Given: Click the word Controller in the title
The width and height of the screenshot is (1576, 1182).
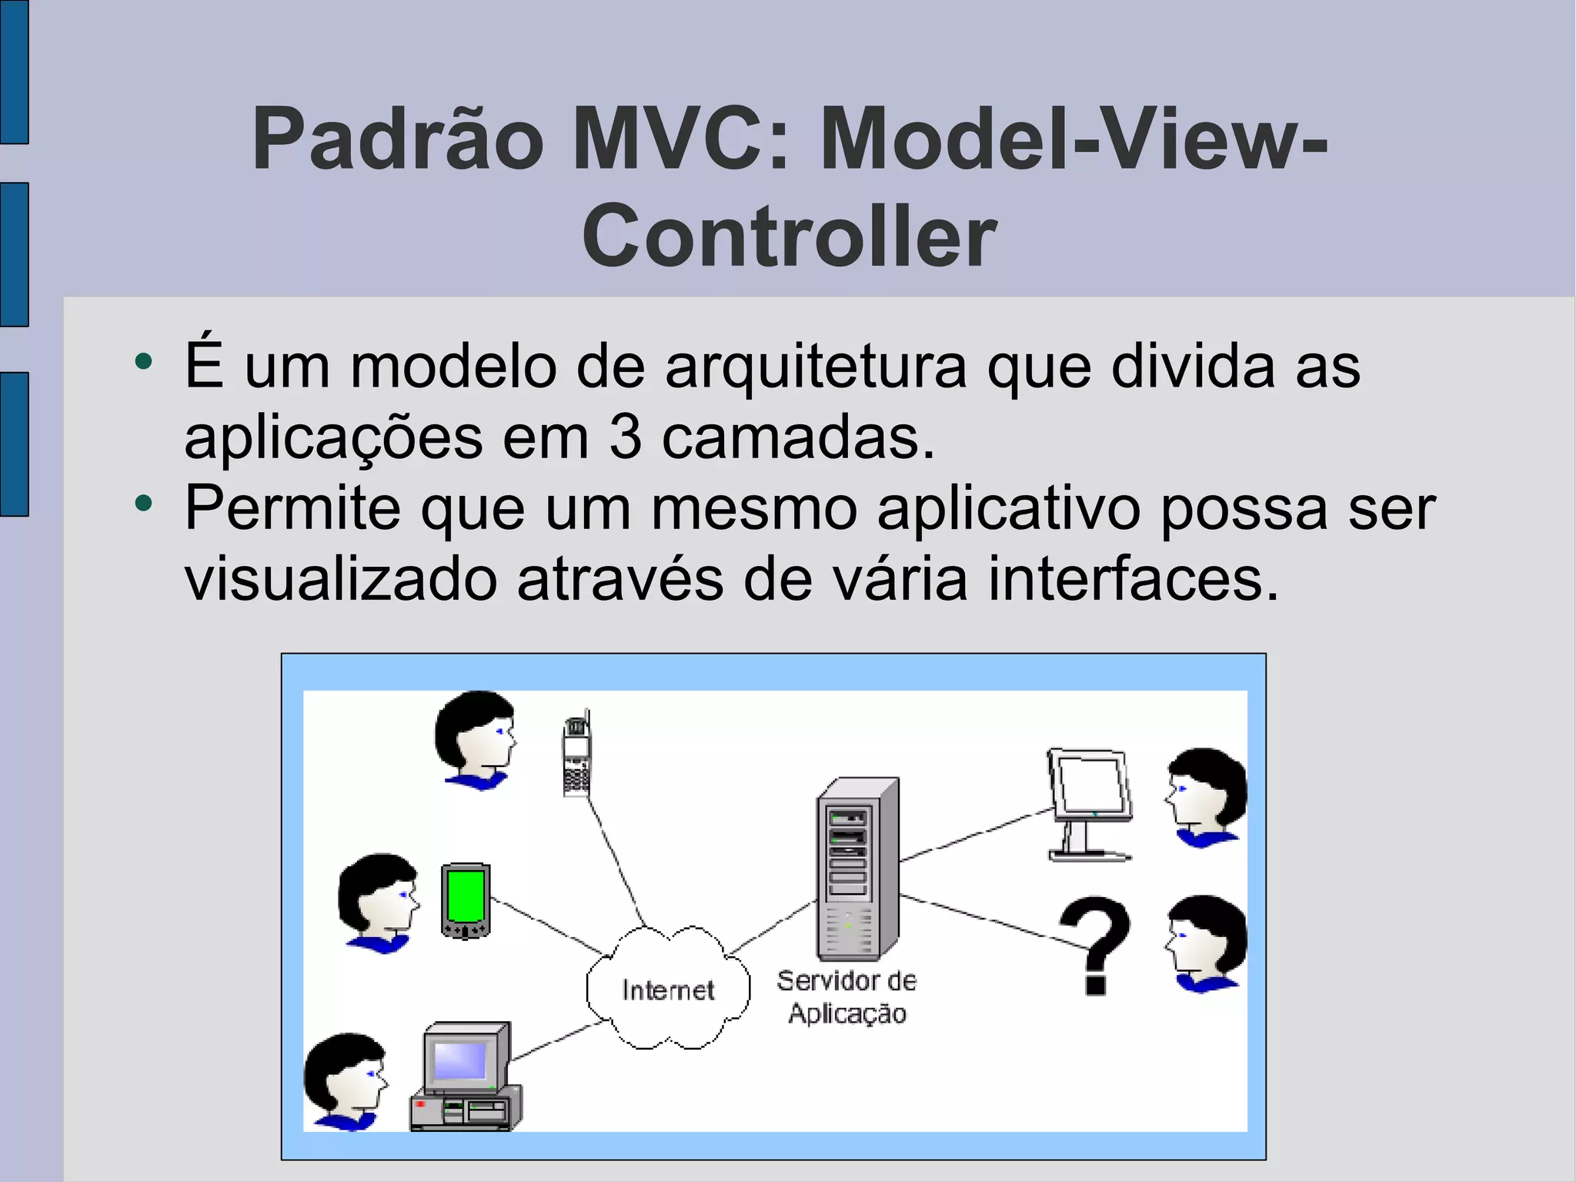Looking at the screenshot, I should pos(790,236).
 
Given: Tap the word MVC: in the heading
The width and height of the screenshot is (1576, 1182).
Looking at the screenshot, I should pos(681,139).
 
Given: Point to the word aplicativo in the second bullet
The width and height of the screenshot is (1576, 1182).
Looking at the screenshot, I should pos(1009,508).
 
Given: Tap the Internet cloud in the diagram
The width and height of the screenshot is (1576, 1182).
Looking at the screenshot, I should pos(668,989).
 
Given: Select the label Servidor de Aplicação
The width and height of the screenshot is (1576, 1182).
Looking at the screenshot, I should pos(846,997).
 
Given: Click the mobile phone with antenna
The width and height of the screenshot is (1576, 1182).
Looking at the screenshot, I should pos(576,755).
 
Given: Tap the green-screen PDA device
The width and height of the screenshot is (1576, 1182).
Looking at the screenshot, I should pos(466,899).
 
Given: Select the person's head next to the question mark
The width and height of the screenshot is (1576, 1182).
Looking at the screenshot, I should pos(1205,943).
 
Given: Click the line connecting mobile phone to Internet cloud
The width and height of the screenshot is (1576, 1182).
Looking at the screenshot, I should pos(616,862).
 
